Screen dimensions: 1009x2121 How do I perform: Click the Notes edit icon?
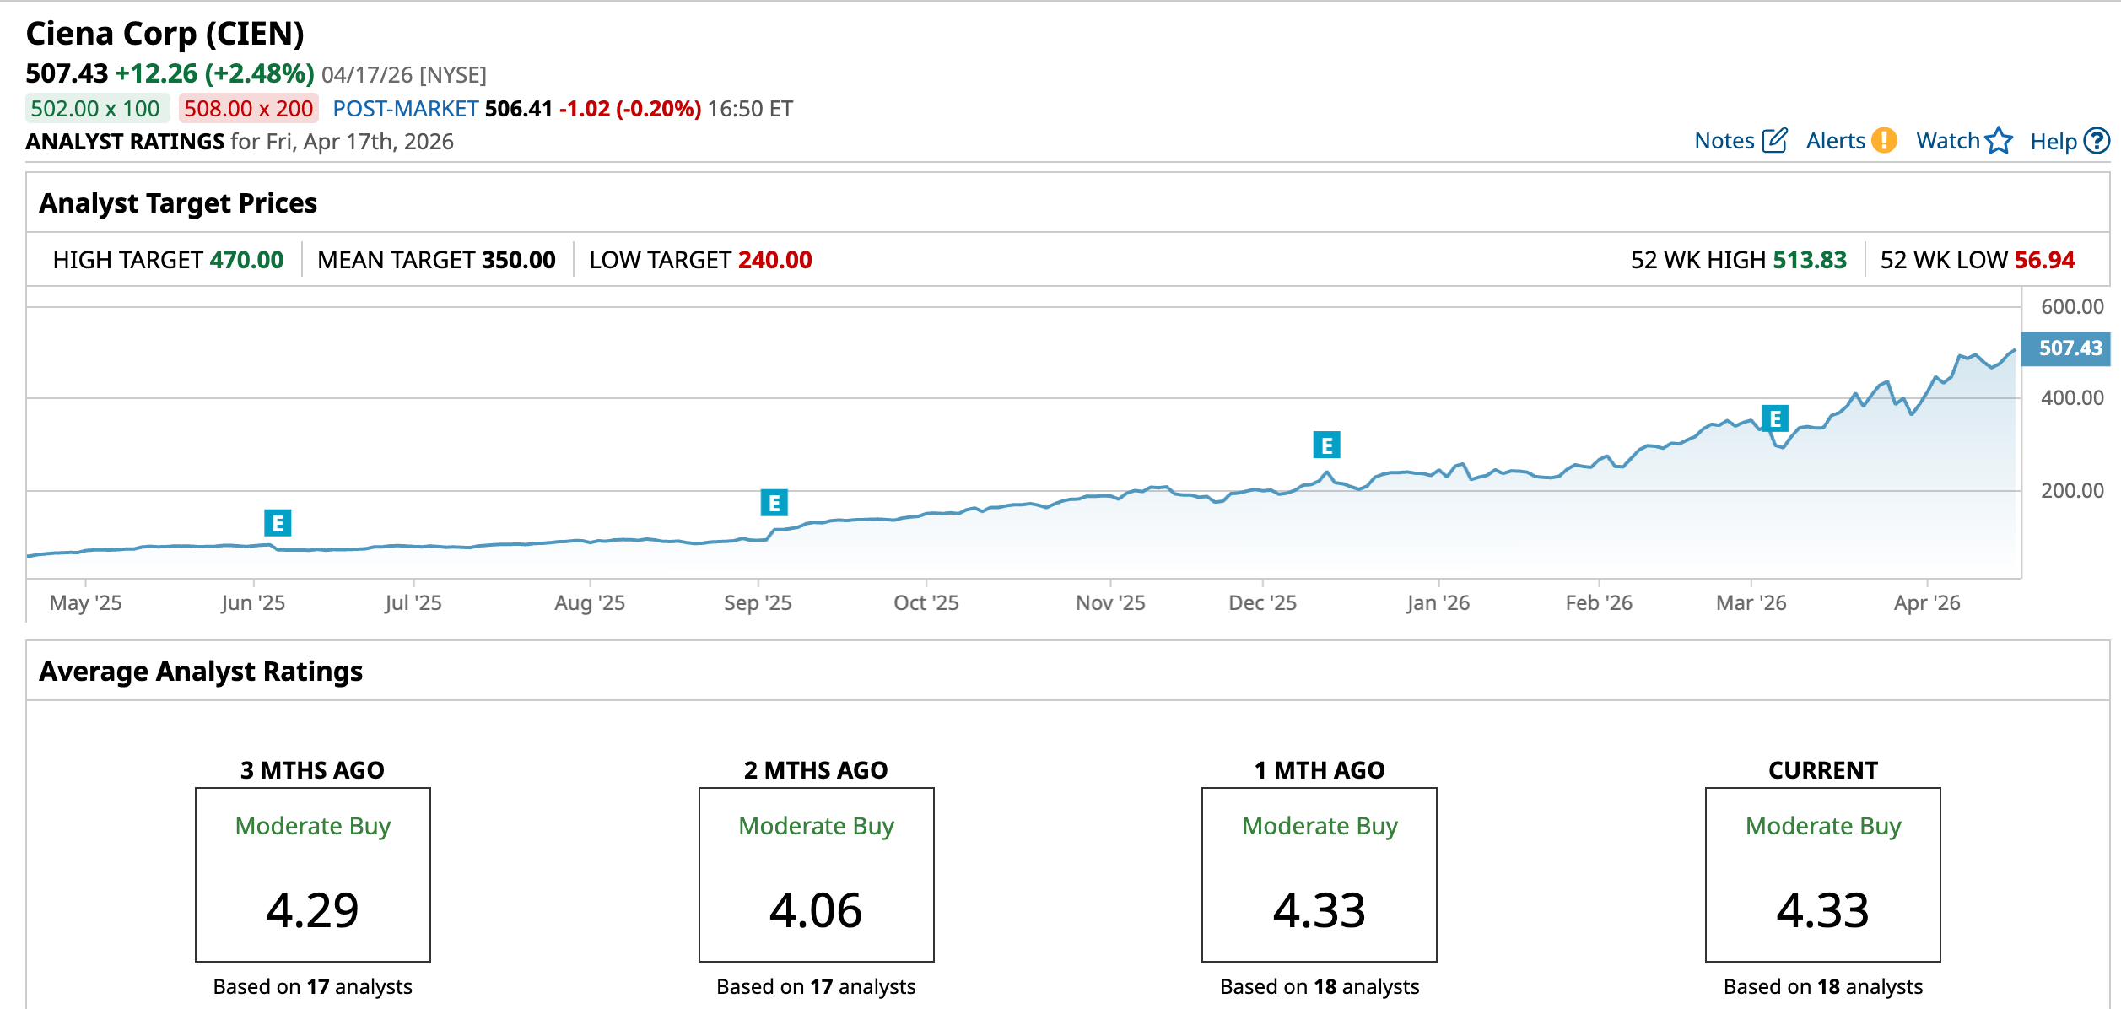point(1774,140)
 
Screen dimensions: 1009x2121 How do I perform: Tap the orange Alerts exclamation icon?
point(1883,140)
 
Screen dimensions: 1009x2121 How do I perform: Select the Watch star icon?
point(1999,140)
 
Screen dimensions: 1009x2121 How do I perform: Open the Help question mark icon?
point(2096,140)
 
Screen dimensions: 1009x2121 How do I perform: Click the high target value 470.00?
point(246,260)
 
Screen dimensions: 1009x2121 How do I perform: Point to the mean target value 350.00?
point(518,260)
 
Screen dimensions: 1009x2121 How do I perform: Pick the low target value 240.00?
point(774,260)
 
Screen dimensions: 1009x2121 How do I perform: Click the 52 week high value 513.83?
point(1809,260)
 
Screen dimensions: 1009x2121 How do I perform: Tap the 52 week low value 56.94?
point(2043,260)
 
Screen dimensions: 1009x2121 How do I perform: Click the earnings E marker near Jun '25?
point(278,523)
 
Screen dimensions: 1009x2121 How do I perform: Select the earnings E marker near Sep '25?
point(774,503)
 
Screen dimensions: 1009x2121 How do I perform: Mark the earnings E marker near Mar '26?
point(1775,418)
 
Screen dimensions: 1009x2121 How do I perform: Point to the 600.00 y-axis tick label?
point(2071,307)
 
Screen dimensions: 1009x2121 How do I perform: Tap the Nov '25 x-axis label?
point(1109,602)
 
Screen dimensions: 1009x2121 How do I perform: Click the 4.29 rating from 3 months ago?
point(312,909)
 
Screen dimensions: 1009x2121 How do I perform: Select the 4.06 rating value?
point(816,909)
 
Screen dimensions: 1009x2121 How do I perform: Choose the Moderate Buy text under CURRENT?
point(1822,826)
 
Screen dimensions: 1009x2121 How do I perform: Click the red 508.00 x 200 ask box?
point(248,109)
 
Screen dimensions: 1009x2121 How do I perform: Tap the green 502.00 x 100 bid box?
point(95,109)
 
